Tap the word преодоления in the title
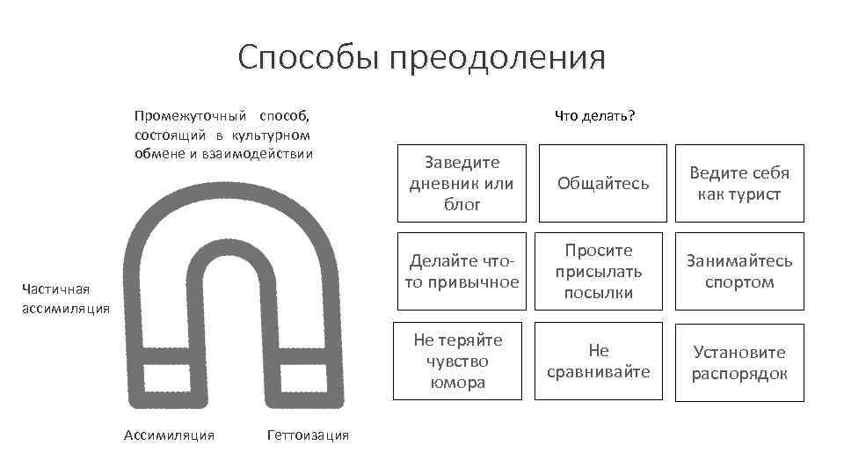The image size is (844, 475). [x=498, y=58]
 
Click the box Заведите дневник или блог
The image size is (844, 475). [x=462, y=183]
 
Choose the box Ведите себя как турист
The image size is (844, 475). [x=739, y=183]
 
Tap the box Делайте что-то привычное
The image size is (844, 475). [x=462, y=271]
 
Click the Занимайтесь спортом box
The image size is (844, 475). [x=739, y=271]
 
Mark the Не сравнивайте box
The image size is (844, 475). [x=598, y=361]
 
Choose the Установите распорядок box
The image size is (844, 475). [x=739, y=361]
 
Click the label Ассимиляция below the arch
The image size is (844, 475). [x=170, y=435]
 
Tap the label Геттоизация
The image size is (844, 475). [x=307, y=435]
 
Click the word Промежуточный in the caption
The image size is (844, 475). [x=190, y=115]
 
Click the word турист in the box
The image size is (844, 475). [x=752, y=194]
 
